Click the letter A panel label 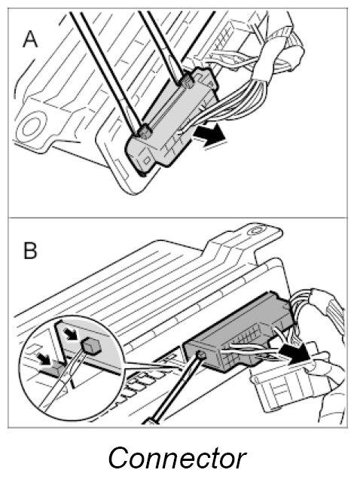pyautogui.click(x=30, y=40)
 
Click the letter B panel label pyautogui.click(x=30, y=251)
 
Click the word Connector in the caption pyautogui.click(x=178, y=458)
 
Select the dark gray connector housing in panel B pyautogui.click(x=239, y=332)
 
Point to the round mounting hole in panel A pyautogui.click(x=30, y=127)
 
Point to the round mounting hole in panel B pyautogui.click(x=256, y=230)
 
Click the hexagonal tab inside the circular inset pyautogui.click(x=90, y=345)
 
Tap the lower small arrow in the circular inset pyautogui.click(x=44, y=359)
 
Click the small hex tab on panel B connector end pyautogui.click(x=201, y=355)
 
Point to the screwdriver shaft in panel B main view pyautogui.click(x=175, y=390)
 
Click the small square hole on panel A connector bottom pyautogui.click(x=147, y=160)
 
